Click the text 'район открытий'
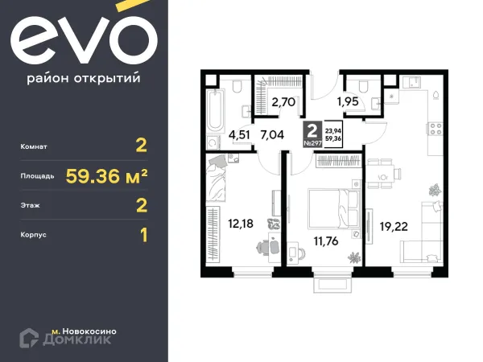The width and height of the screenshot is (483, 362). [x=84, y=78]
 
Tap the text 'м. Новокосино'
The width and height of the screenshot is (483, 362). [x=84, y=330]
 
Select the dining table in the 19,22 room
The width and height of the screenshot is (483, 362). [x=384, y=173]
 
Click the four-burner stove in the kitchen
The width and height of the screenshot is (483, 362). [x=433, y=127]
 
